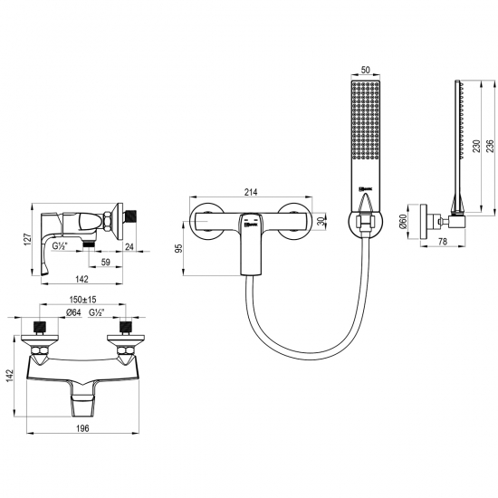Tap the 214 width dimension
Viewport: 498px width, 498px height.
click(252, 191)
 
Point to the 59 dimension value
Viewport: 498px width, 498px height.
click(106, 263)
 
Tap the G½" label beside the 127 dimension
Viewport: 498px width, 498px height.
click(61, 244)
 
